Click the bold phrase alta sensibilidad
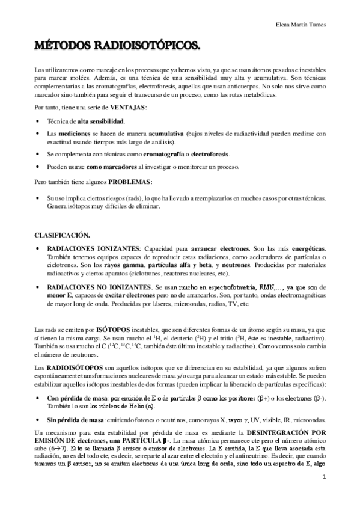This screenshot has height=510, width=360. (101, 121)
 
